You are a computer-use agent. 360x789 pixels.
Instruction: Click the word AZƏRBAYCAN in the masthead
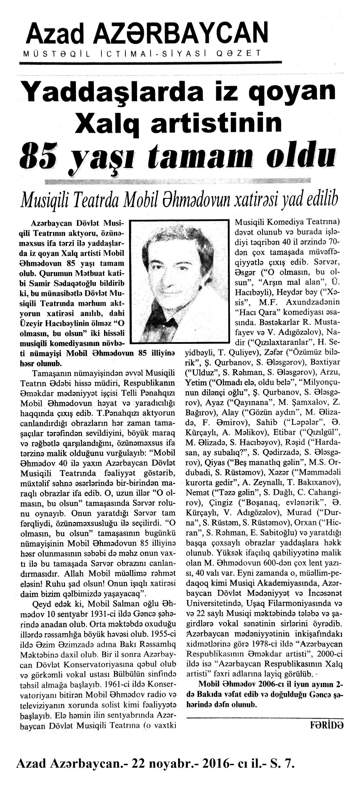(174, 34)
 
